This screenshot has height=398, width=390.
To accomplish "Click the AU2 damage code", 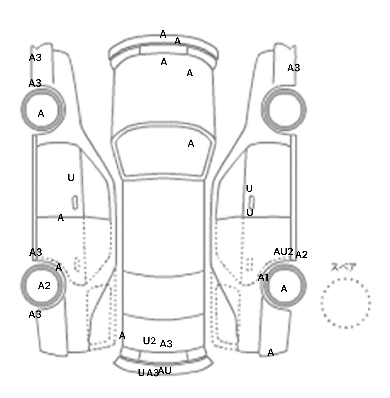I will point(283,252).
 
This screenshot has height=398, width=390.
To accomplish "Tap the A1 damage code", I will point(263,278).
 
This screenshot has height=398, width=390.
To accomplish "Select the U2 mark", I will point(149,341).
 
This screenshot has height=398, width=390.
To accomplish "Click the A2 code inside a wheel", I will point(44,286).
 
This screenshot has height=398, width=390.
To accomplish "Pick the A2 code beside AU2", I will point(301,255).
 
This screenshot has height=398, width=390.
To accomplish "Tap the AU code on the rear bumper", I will point(165,371).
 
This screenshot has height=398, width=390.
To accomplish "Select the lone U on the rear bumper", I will point(141,373).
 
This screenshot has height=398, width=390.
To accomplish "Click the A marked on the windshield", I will point(191,144).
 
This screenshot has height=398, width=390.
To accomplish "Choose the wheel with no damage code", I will point(284,110).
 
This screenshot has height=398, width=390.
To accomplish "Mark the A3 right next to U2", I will point(166,344).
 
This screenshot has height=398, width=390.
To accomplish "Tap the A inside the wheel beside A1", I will point(284,289).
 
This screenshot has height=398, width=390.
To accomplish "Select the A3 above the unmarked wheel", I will point(294,68).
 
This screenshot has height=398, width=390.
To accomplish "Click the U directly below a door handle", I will point(250,213).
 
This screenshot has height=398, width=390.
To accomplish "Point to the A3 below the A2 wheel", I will point(35,315).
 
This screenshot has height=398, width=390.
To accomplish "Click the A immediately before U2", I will point(122,336).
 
